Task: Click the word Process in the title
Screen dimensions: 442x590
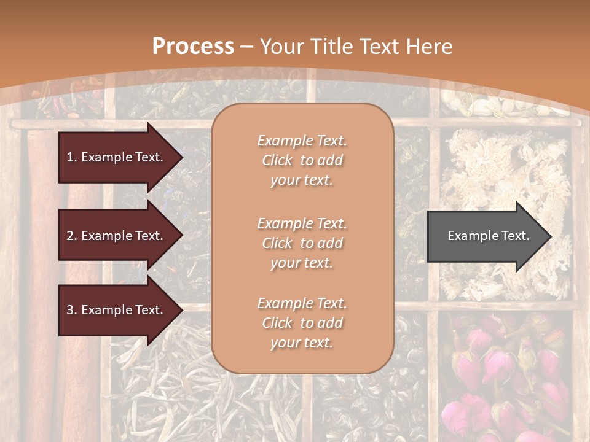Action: (x=193, y=47)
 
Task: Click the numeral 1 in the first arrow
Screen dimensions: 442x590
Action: (x=70, y=157)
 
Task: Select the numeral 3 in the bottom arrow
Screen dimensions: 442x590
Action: (x=70, y=310)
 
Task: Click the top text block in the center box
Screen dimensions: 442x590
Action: (x=302, y=160)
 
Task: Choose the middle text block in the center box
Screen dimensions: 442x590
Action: (x=302, y=243)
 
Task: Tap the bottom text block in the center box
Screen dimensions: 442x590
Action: (x=302, y=323)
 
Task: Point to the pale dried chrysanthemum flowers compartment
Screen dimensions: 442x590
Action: (x=504, y=184)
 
